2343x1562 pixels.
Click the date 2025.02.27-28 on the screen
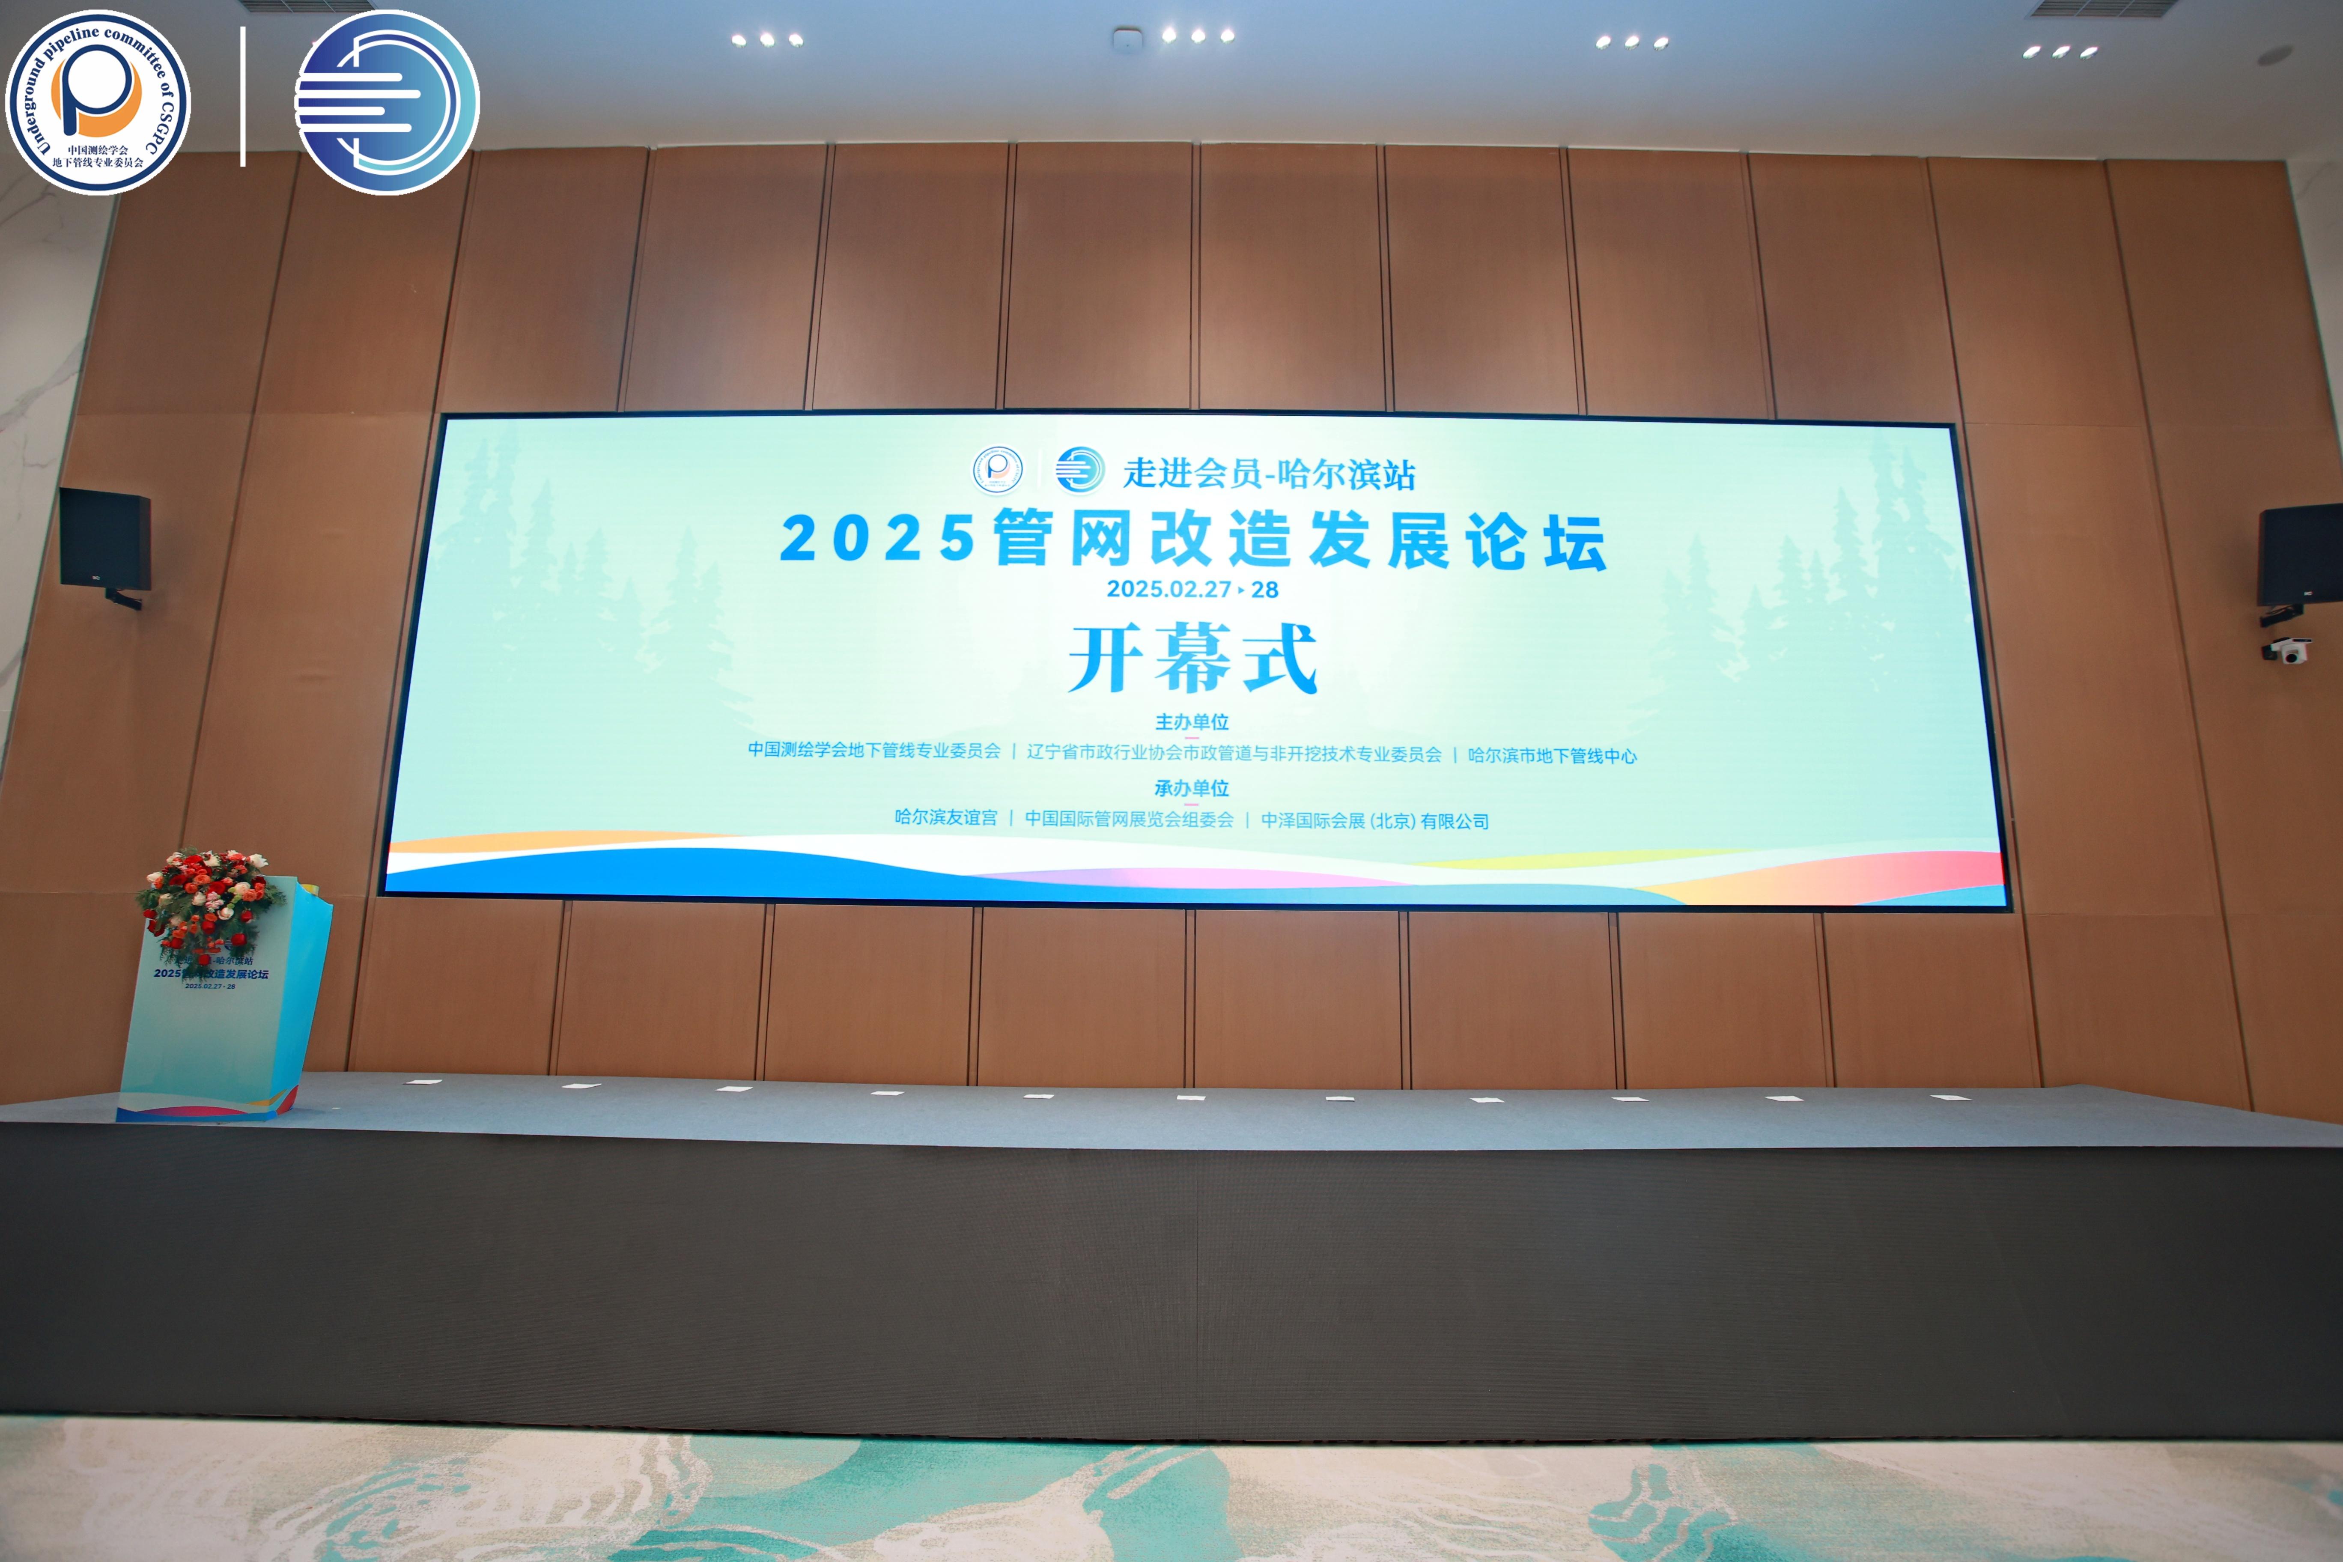pos(1192,589)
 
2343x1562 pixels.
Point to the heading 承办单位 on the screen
pos(1192,788)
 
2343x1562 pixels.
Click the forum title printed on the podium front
pos(211,973)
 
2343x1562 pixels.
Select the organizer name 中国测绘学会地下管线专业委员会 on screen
pos(873,750)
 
